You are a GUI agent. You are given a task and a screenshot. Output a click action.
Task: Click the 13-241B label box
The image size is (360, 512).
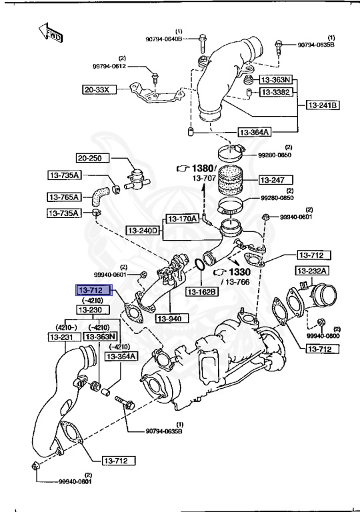[x=323, y=105]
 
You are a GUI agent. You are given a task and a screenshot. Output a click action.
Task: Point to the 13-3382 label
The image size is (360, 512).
[x=274, y=92]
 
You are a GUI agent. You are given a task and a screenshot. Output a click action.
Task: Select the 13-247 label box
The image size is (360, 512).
[x=273, y=179]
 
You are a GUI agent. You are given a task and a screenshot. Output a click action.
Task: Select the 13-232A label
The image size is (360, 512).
[x=311, y=271]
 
